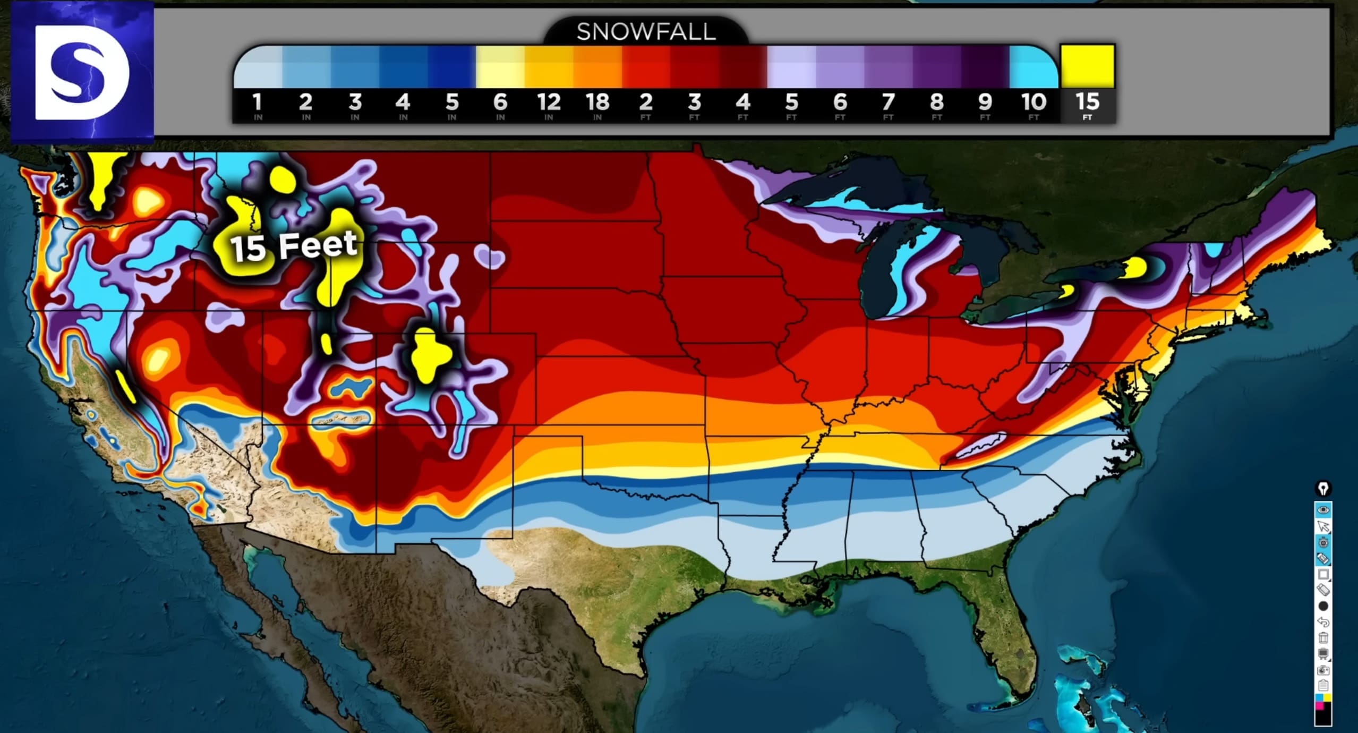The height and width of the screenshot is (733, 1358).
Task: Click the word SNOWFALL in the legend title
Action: pos(646,32)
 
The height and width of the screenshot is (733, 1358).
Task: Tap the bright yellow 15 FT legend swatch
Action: pos(1087,66)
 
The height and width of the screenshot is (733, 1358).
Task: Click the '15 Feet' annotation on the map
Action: pos(294,245)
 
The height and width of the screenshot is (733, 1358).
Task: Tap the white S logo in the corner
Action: pos(82,73)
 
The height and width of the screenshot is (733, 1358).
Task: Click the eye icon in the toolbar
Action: pos(1323,510)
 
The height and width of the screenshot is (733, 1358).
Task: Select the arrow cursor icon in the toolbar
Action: pos(1323,526)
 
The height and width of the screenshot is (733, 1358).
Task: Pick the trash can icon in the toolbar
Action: pos(1323,638)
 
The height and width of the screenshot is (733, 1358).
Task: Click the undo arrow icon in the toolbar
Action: pos(1323,621)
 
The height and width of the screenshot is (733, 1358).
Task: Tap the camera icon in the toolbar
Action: pos(1323,671)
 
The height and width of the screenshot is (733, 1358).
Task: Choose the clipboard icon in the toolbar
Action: pos(1323,686)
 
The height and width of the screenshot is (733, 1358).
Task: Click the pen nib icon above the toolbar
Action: pos(1323,488)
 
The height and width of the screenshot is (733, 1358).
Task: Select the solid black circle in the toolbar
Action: pos(1323,606)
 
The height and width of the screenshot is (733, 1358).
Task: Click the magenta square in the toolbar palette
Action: pos(1320,706)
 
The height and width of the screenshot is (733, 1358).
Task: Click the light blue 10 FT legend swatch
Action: pos(1032,67)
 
